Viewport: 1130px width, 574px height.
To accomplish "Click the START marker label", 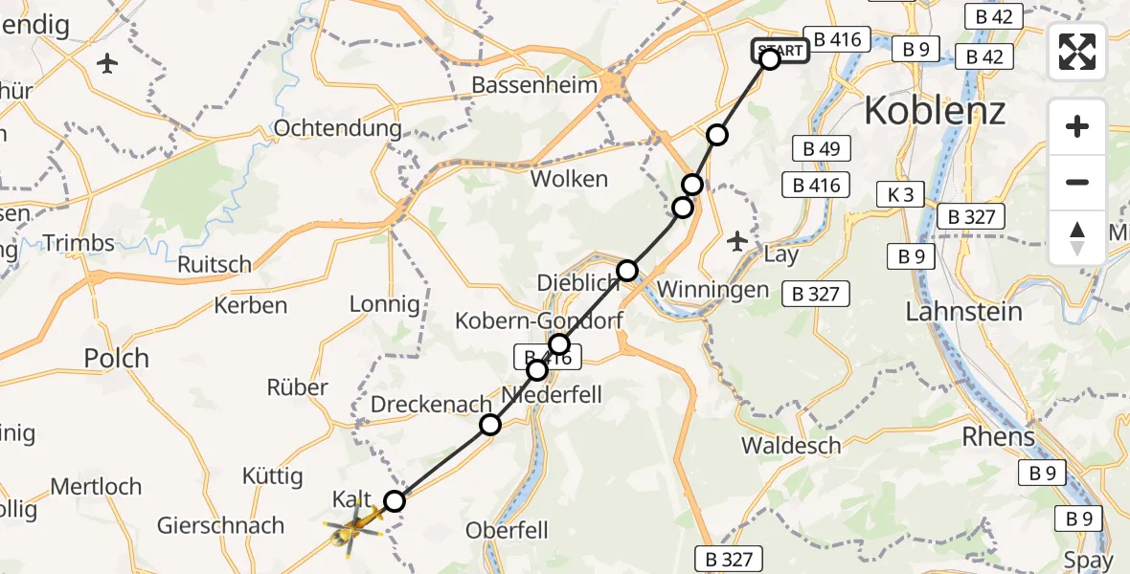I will (780, 51).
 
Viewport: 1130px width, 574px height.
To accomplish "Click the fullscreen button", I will (1076, 52).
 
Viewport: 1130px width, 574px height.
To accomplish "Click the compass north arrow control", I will (1076, 238).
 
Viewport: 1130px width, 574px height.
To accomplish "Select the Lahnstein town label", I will (963, 312).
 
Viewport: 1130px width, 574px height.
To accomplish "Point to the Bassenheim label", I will (534, 85).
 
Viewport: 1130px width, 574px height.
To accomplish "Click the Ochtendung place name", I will (337, 128).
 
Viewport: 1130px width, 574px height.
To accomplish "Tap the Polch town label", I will (117, 359).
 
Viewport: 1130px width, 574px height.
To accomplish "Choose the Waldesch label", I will (791, 445).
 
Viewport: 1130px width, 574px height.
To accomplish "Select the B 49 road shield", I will (817, 148).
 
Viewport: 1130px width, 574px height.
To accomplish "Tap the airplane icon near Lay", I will (737, 240).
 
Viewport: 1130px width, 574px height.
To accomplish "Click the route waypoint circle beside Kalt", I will (395, 500).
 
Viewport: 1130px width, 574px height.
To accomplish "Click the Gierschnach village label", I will (220, 525).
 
